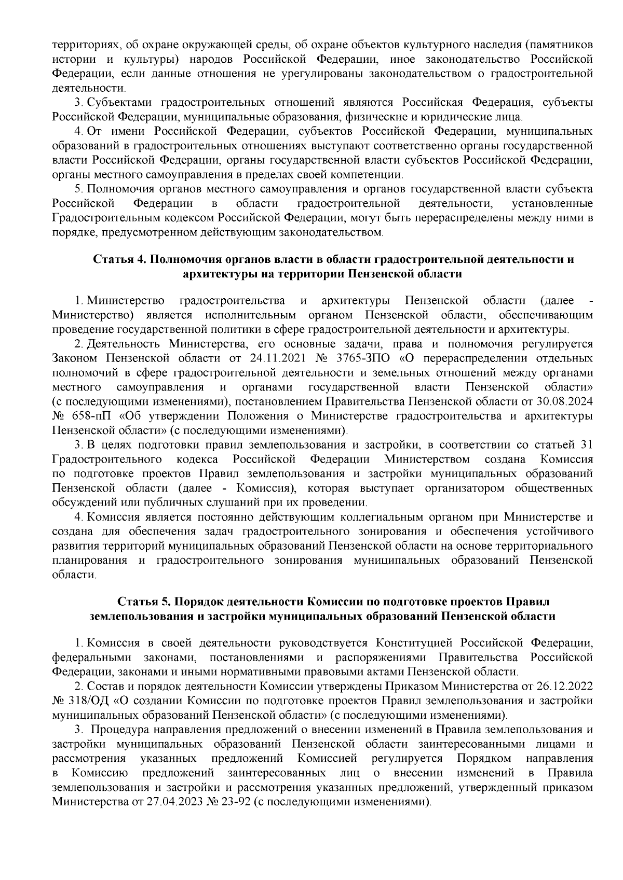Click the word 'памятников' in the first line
563,45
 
